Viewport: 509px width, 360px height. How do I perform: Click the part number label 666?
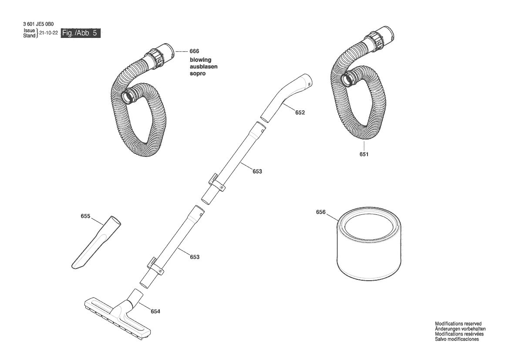(x=194, y=51)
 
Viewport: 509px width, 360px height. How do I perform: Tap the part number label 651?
(x=364, y=154)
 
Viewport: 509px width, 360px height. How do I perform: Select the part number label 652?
(x=300, y=112)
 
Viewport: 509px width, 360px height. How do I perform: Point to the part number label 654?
(x=155, y=311)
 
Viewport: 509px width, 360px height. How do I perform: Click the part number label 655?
(x=85, y=216)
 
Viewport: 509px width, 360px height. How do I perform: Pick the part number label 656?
(x=321, y=212)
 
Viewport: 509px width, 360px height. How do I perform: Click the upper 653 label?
(x=257, y=171)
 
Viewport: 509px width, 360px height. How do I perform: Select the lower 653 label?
(x=195, y=257)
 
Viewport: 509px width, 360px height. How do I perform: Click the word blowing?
(x=200, y=60)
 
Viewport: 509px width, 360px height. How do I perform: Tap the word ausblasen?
(x=203, y=67)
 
